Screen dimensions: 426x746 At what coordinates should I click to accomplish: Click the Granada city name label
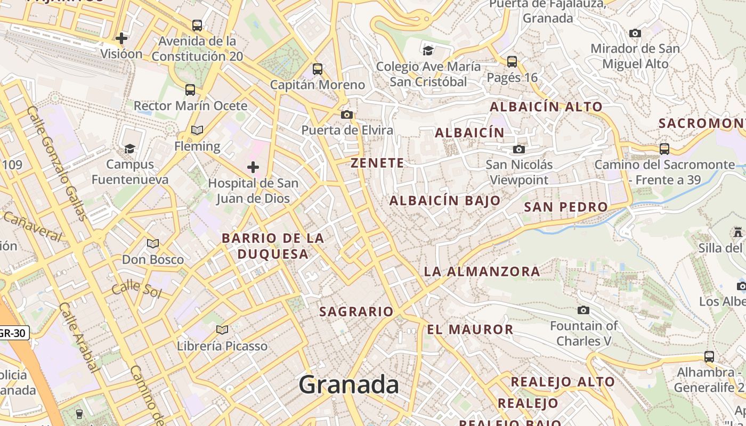(x=348, y=384)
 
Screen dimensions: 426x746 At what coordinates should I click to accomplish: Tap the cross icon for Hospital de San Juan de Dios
(x=253, y=168)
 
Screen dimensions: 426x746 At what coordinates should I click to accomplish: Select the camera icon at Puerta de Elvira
(x=347, y=114)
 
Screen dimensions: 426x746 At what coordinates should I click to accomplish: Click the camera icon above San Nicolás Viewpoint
(x=519, y=149)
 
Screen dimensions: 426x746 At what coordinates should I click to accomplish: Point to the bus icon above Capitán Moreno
(x=318, y=69)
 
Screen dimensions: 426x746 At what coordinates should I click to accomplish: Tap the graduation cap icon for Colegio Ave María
(x=428, y=51)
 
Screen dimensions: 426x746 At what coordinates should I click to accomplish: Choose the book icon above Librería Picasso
(x=222, y=330)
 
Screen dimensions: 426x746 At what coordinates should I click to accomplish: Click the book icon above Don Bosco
(x=153, y=243)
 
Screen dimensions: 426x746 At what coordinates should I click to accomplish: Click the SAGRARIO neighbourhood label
(x=356, y=312)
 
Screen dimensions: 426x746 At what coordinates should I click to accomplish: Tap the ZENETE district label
(x=377, y=163)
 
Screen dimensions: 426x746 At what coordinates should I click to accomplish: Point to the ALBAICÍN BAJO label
(x=445, y=201)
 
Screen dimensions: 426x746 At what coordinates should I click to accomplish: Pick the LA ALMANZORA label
(x=482, y=272)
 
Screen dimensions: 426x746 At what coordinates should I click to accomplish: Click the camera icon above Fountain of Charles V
(x=583, y=310)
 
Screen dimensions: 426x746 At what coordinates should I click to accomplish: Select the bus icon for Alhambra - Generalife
(x=709, y=356)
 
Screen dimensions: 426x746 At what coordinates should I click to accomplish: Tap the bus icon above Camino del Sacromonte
(x=664, y=149)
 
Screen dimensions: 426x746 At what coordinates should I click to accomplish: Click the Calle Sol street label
(x=136, y=288)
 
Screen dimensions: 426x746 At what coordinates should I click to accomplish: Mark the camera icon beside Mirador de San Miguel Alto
(x=635, y=33)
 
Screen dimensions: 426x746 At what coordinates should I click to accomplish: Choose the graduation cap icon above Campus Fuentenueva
(x=129, y=149)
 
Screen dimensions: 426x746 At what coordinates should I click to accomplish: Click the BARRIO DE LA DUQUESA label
(x=273, y=246)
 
